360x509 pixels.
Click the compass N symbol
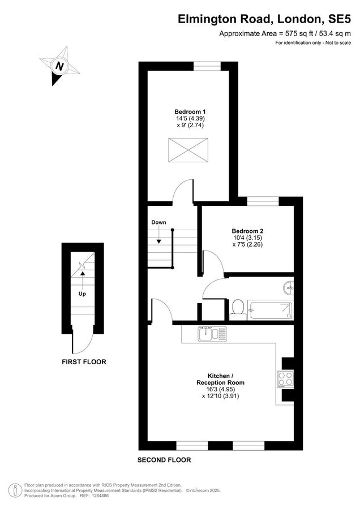(x=59, y=66)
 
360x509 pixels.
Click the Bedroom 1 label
(x=190, y=111)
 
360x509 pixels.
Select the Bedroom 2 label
(x=247, y=231)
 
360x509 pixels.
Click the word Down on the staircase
(x=158, y=222)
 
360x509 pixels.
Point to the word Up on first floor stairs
(x=83, y=294)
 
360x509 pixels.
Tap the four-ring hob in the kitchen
(x=285, y=378)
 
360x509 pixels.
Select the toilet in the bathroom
(x=238, y=308)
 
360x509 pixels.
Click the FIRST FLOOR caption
(x=83, y=361)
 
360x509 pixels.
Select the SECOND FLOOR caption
(x=164, y=460)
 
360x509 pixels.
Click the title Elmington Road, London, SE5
(x=265, y=19)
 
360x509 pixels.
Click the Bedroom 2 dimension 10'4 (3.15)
(x=247, y=238)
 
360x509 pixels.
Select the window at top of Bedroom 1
(x=207, y=66)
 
